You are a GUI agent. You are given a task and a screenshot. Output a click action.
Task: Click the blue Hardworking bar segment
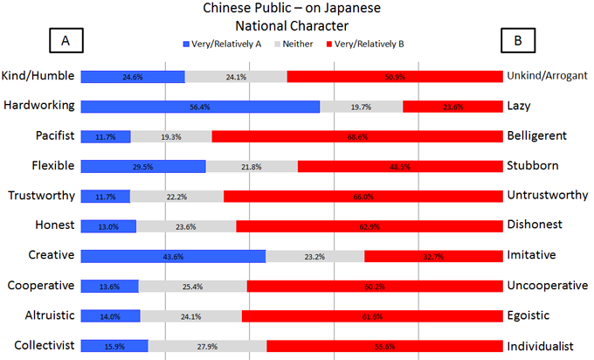(200, 107)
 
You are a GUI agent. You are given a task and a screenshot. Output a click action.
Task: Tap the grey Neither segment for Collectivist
(207, 345)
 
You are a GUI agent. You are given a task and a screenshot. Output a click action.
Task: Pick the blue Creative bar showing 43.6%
(173, 255)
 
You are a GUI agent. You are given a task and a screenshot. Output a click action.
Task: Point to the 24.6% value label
(133, 77)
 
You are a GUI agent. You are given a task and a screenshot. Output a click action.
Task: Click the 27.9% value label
(207, 346)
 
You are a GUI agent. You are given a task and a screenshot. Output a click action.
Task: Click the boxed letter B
(518, 41)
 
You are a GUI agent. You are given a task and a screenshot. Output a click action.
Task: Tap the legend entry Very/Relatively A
(224, 42)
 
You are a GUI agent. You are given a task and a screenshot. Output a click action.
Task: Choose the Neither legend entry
(303, 42)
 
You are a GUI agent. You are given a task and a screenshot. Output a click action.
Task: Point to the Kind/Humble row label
(38, 76)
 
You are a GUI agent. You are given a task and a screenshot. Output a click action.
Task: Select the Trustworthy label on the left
(39, 196)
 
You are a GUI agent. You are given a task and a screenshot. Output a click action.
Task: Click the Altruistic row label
(39, 315)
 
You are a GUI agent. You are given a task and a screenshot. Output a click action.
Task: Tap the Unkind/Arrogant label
(547, 76)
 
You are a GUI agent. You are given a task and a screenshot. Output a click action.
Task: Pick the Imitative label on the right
(531, 255)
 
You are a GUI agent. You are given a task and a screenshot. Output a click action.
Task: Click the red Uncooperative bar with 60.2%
(374, 286)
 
